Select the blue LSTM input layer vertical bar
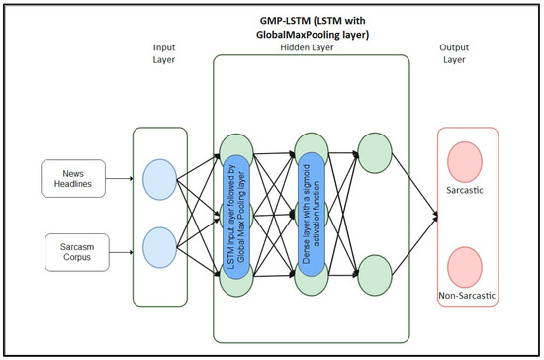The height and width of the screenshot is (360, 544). [x=235, y=218]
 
